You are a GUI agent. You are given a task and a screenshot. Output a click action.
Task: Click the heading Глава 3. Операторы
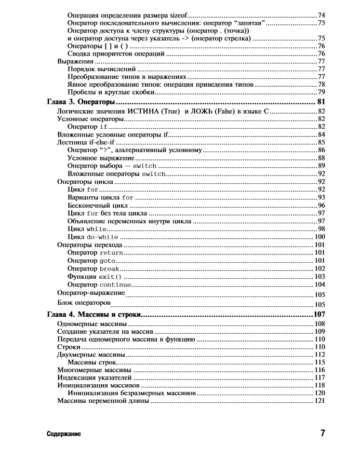coord(81,102)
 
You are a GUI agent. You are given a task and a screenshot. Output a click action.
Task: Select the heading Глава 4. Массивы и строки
coord(94,315)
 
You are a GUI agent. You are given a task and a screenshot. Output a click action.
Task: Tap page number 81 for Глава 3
coord(321,102)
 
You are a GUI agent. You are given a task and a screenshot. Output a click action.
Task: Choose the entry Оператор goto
coord(91,261)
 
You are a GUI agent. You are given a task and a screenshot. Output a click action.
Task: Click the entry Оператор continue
coord(99,285)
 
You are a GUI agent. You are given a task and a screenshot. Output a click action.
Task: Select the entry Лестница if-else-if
coord(86,142)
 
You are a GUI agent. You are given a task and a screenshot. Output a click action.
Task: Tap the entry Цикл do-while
coord(89,237)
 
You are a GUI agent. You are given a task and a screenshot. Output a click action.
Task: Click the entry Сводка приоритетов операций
coord(116,53)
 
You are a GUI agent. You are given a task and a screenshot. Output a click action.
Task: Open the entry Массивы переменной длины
coord(103,401)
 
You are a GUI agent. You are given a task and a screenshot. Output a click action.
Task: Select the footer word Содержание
coord(63,434)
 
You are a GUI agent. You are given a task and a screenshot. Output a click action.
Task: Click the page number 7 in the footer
coord(323,433)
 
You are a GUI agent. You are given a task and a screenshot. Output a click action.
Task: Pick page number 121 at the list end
coord(319,401)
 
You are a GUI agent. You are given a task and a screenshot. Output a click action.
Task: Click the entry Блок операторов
coord(84,303)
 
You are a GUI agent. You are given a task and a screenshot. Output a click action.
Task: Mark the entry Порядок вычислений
coord(102,69)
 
